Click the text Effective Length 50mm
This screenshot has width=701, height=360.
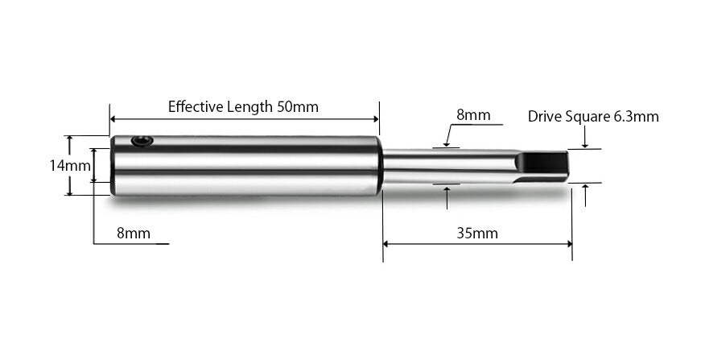243,106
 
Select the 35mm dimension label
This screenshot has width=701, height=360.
477,234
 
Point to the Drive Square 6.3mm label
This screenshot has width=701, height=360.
593,116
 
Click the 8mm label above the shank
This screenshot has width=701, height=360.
473,114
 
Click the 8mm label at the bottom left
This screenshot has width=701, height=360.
134,234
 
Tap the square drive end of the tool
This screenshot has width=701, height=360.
541,166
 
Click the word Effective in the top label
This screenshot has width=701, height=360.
195,106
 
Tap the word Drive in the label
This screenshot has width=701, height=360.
544,116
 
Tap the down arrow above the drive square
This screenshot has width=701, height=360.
585,145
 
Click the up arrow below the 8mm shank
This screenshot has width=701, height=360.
447,189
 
